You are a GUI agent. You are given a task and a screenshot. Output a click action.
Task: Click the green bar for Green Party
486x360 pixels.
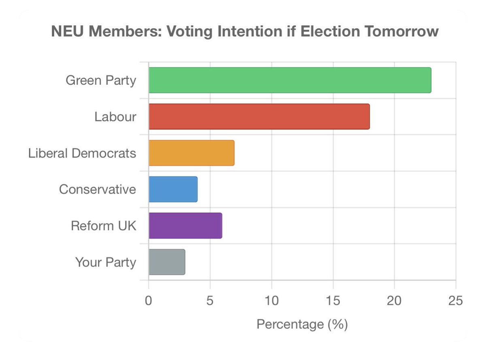(x=290, y=80)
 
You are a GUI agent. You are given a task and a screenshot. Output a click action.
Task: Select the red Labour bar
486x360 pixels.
(x=259, y=117)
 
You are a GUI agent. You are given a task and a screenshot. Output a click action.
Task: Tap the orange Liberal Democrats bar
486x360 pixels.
(x=191, y=153)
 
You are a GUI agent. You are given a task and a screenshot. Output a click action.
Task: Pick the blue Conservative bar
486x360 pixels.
(x=173, y=189)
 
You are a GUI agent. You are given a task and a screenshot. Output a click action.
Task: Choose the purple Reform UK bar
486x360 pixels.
(x=185, y=226)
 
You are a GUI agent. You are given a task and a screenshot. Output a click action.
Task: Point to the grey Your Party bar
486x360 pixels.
(x=167, y=262)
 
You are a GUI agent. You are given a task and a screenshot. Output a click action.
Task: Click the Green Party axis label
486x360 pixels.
(x=101, y=81)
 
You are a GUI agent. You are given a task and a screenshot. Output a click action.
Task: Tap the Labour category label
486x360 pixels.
(x=115, y=117)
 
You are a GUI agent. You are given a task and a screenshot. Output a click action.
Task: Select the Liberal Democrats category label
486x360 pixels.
(x=82, y=153)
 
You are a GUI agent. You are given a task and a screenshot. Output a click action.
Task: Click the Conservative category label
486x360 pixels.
(x=98, y=189)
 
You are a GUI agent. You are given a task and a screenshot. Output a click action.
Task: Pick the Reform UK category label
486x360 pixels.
(x=104, y=226)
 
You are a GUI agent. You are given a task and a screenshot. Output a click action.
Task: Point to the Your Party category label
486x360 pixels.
(x=106, y=262)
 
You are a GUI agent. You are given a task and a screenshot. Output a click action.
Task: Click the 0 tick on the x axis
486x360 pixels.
(x=149, y=301)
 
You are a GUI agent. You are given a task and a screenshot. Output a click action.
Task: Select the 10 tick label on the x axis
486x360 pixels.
(x=272, y=301)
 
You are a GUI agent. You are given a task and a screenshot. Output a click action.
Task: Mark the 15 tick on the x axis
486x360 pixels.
(x=333, y=301)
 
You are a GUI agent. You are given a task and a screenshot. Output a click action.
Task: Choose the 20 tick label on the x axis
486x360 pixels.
(x=394, y=301)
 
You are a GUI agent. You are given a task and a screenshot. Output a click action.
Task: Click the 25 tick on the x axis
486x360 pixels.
(x=456, y=301)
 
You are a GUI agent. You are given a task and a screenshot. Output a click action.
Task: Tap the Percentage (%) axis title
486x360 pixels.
(x=302, y=324)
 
